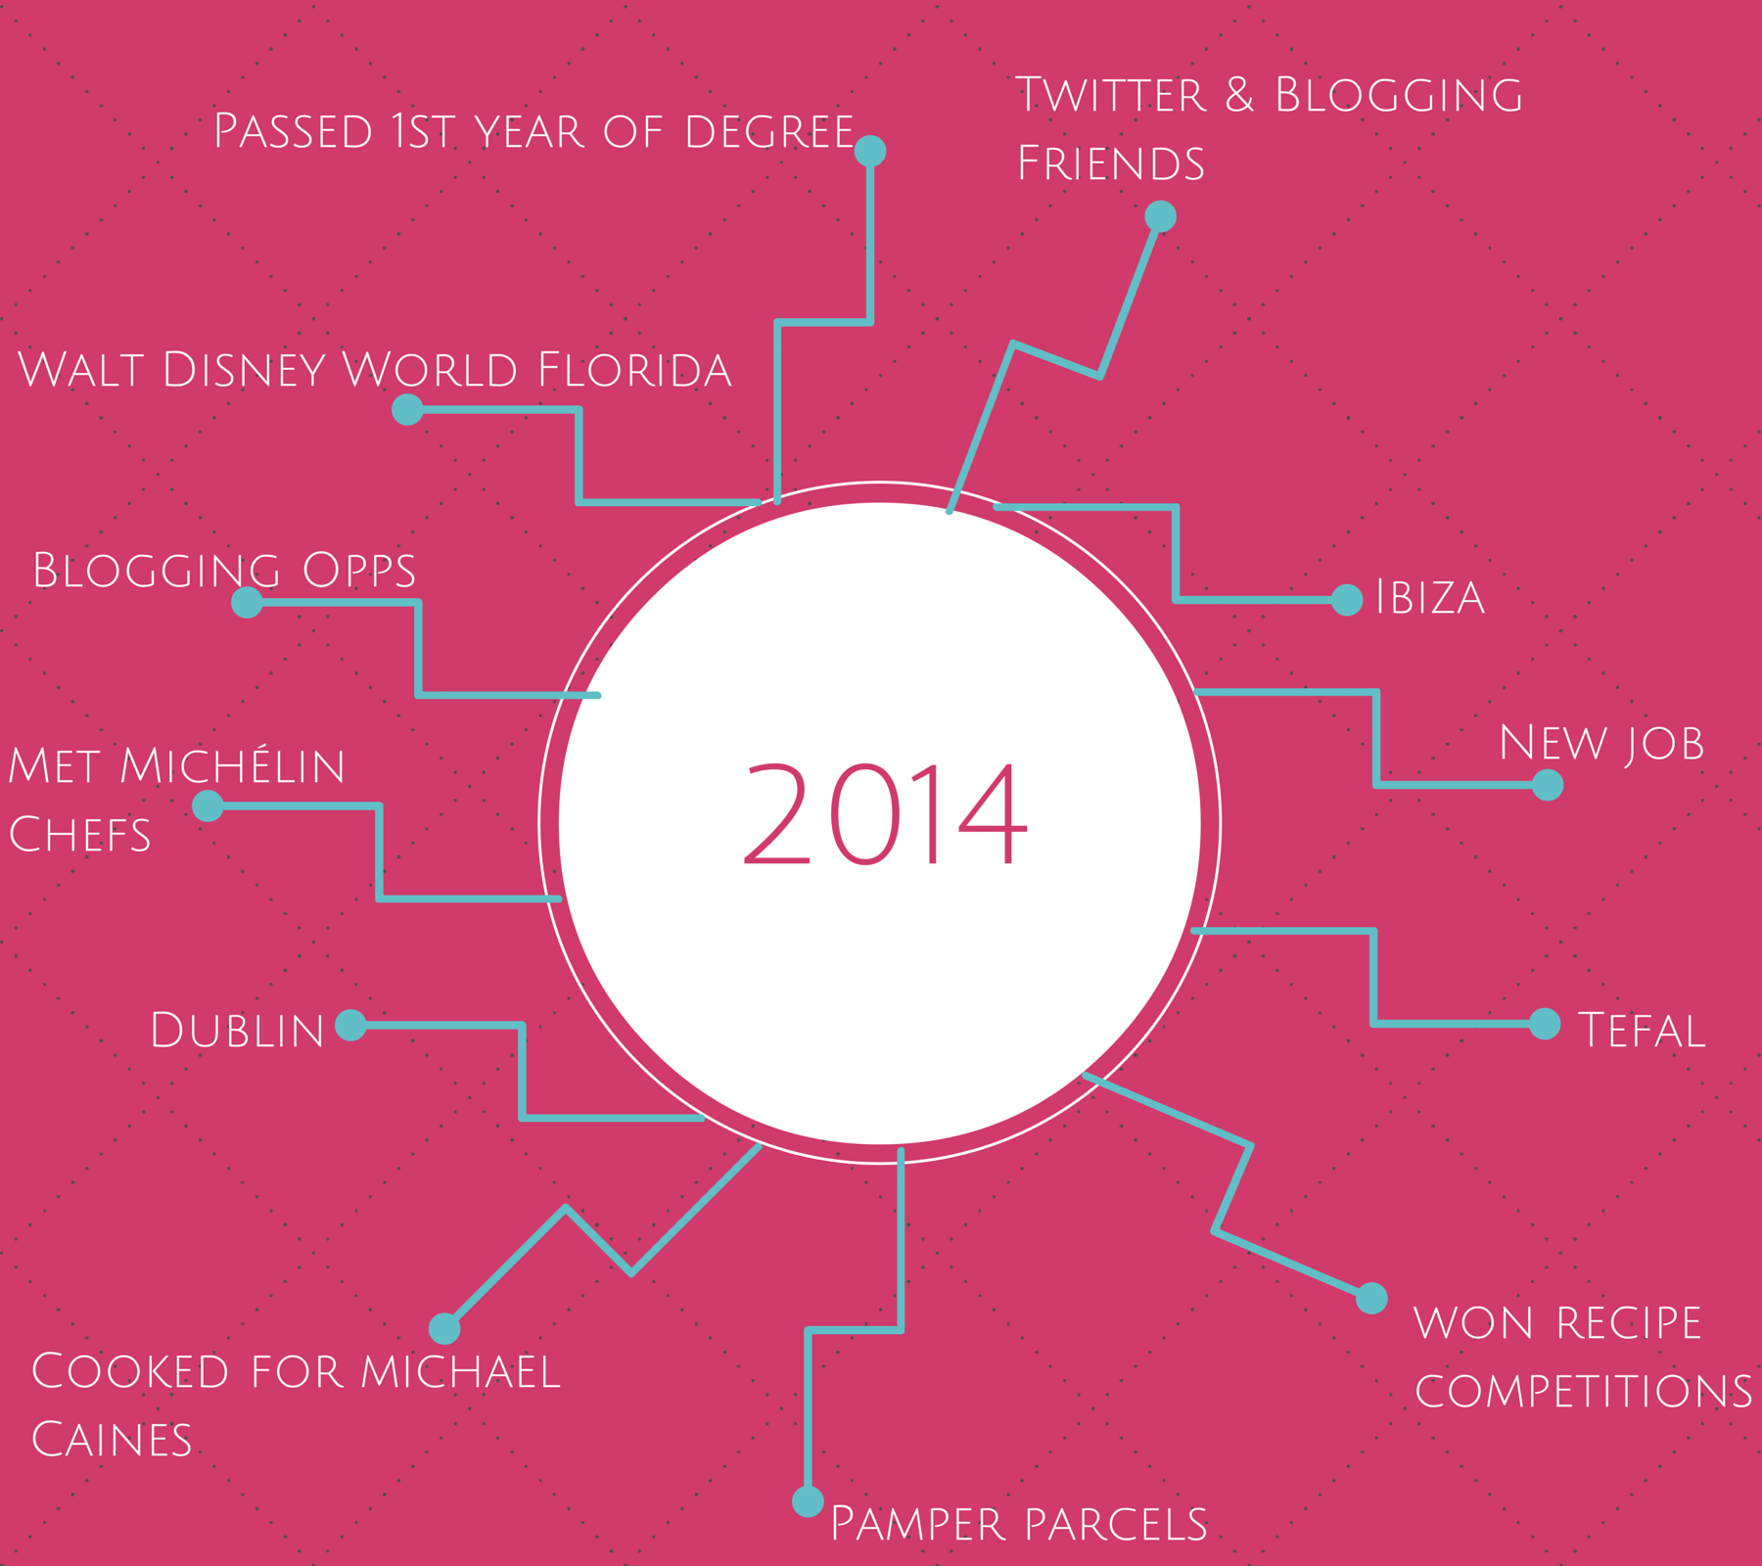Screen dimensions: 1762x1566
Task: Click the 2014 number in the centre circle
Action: (x=885, y=814)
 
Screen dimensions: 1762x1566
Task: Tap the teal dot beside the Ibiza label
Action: (x=1347, y=599)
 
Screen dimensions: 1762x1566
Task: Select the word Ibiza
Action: (x=1430, y=597)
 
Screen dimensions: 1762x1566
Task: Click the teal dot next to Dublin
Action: (x=350, y=1025)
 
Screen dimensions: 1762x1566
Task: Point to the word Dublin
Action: (x=237, y=1030)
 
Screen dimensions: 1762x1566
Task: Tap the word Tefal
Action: (x=1642, y=1030)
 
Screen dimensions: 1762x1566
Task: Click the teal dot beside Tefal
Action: (x=1545, y=1024)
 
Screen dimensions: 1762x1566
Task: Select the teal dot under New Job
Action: (x=1548, y=784)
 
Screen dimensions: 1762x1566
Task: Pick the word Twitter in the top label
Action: (x=1110, y=95)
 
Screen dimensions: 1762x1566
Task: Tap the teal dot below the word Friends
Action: (x=1160, y=215)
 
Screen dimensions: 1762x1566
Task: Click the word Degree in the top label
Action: (x=769, y=132)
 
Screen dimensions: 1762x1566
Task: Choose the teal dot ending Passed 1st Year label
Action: (x=870, y=151)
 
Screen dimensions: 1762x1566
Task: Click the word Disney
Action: (x=244, y=370)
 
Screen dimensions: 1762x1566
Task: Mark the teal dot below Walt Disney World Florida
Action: (x=407, y=409)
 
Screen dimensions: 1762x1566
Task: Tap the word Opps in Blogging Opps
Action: (x=359, y=571)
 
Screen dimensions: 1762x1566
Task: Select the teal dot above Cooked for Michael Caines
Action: (x=444, y=1328)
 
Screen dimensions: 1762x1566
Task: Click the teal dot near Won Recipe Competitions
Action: (x=1371, y=1298)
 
